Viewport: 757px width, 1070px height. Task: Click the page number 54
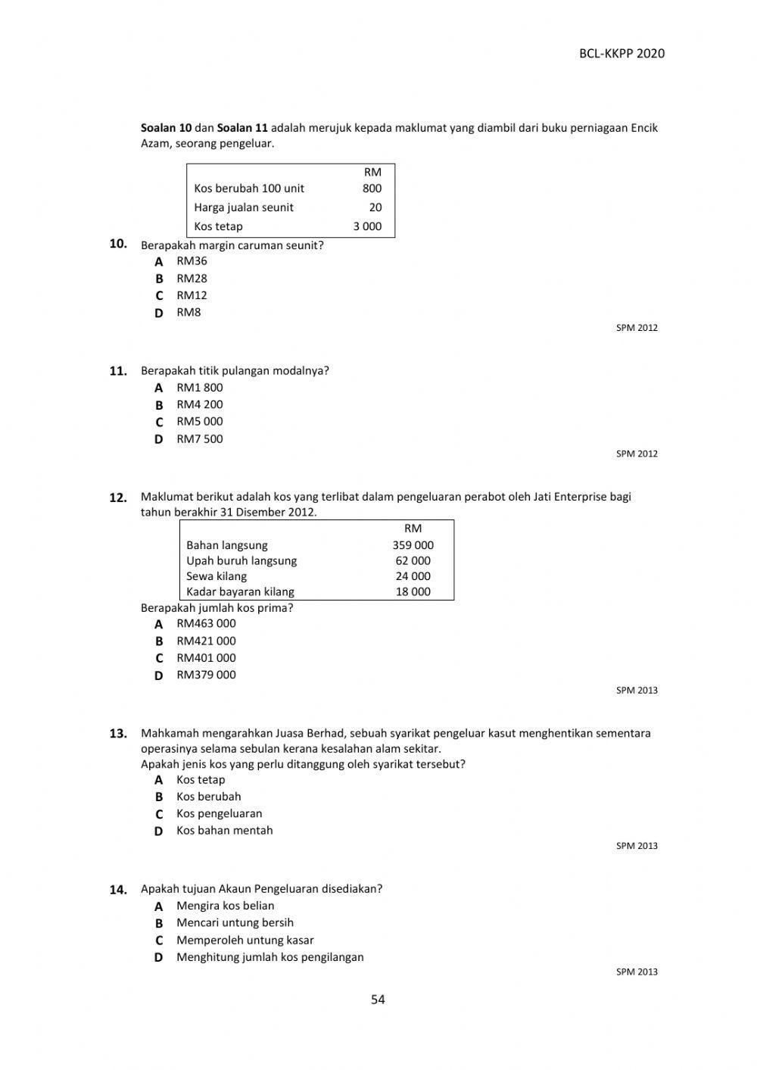(378, 1000)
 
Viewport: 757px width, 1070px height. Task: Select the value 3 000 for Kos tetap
(367, 226)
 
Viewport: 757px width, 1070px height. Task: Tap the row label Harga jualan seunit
(243, 207)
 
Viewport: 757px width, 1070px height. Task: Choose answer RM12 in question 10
(192, 295)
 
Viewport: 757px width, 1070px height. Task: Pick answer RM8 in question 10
(188, 312)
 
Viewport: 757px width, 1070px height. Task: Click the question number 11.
(117, 371)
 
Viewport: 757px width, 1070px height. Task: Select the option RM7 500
(199, 438)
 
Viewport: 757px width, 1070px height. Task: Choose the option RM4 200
(199, 404)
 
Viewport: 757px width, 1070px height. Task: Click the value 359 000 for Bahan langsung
(413, 545)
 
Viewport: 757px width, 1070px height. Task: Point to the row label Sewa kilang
(217, 576)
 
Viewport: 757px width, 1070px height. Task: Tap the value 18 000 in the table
(413, 592)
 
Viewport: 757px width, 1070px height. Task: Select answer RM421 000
(206, 641)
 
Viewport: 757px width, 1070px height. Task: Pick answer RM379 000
(206, 675)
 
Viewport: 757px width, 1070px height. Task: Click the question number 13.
(117, 734)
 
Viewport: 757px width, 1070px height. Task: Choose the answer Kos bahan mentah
(224, 830)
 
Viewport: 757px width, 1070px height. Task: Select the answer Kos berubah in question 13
(208, 797)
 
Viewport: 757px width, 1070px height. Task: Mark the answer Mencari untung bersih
(235, 922)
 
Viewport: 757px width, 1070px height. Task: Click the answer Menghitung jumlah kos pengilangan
(269, 957)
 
